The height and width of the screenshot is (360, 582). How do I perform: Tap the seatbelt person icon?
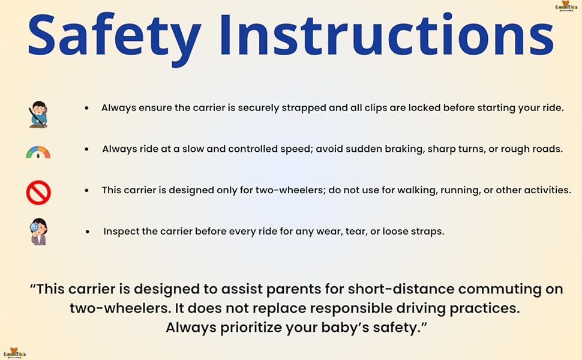point(38,114)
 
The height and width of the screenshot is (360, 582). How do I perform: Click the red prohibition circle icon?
point(38,193)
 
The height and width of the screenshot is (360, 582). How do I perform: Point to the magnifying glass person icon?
point(38,232)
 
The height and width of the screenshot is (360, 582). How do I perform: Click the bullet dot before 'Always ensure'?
point(87,108)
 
